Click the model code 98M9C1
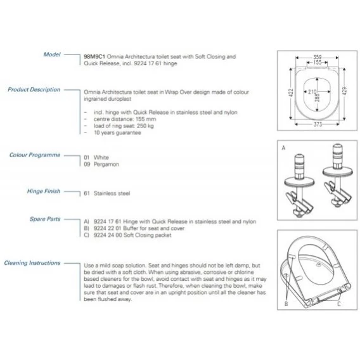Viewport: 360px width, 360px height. (x=94, y=56)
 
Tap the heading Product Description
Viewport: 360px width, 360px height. (x=34, y=89)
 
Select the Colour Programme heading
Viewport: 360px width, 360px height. (x=35, y=155)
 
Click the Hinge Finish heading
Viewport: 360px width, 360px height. (x=44, y=191)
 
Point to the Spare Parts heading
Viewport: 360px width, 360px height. (x=45, y=219)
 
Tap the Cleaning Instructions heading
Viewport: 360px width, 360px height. (x=32, y=263)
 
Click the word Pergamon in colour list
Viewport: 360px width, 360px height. (x=106, y=164)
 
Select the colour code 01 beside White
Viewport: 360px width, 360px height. (x=87, y=157)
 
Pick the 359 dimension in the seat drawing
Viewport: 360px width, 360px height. (x=318, y=57)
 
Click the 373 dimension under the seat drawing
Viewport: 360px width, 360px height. (x=318, y=124)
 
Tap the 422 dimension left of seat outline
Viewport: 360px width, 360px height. (x=291, y=93)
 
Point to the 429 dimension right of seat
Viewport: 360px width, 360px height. (x=344, y=91)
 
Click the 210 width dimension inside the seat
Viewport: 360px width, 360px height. (x=312, y=92)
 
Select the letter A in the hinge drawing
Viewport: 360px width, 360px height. (x=283, y=148)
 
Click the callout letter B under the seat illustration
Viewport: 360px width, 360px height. (x=286, y=304)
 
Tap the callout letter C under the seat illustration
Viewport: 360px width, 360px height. (x=339, y=304)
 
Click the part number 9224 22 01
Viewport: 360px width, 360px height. (x=108, y=228)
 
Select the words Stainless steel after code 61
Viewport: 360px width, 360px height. (x=112, y=193)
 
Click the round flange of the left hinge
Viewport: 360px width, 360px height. (x=299, y=182)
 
